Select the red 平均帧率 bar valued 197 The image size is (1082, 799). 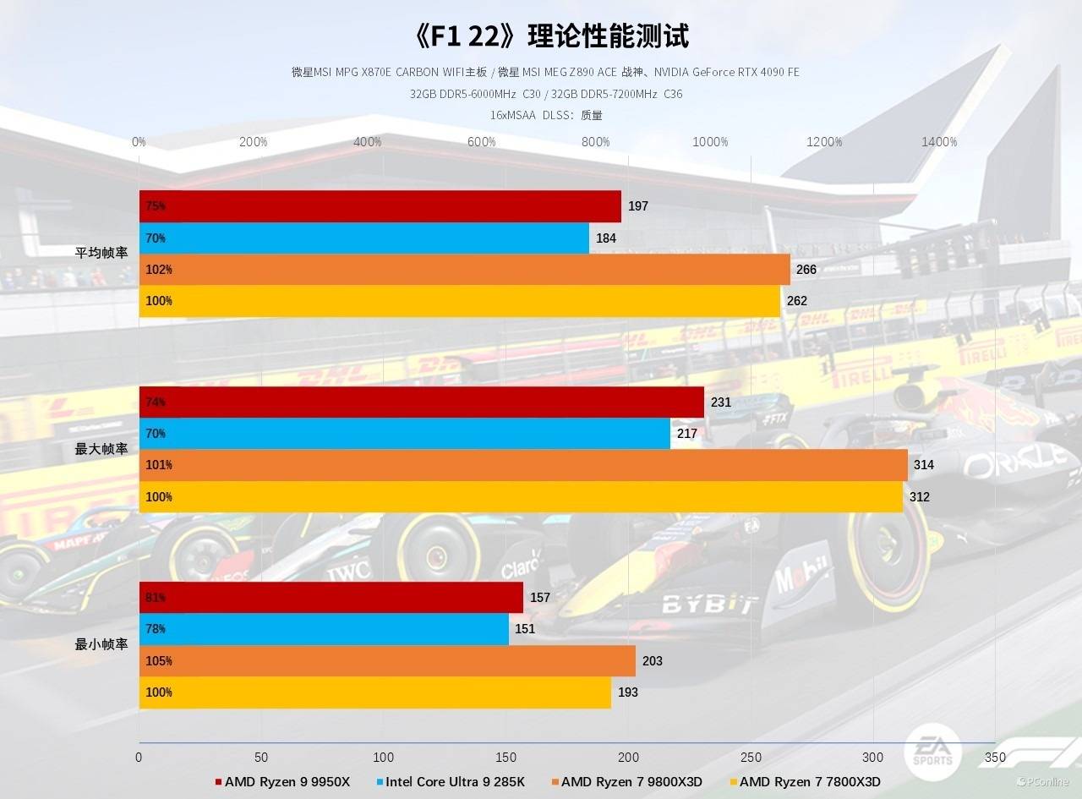(x=380, y=206)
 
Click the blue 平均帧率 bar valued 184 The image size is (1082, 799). (x=364, y=238)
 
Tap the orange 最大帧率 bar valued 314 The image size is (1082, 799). (x=523, y=465)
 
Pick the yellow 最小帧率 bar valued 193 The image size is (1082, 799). (x=375, y=692)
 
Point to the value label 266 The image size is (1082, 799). (x=806, y=270)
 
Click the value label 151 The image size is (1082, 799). (x=525, y=629)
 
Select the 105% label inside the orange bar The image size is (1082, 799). (x=159, y=661)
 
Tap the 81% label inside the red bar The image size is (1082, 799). (x=156, y=598)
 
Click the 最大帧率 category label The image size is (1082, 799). (x=101, y=450)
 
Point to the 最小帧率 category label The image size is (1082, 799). (x=101, y=645)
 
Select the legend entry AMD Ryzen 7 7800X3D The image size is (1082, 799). (x=804, y=782)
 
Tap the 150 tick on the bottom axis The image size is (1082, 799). (x=505, y=758)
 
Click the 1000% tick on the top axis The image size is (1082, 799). (x=710, y=142)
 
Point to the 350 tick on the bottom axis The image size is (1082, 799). (x=995, y=758)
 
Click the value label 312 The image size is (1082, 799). (x=920, y=497)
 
